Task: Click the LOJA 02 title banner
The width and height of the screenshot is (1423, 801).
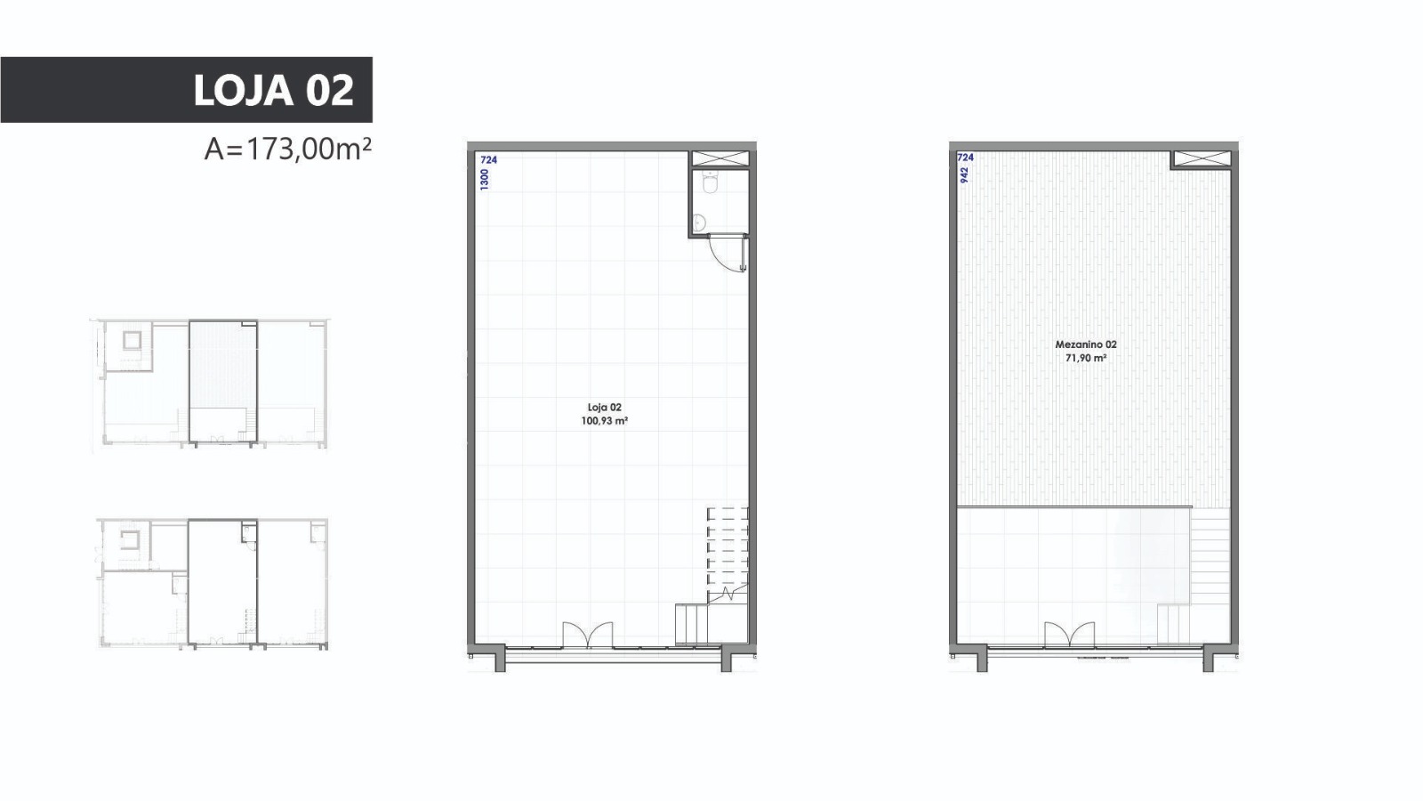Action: (186, 90)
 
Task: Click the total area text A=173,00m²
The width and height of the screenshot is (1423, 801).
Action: (288, 150)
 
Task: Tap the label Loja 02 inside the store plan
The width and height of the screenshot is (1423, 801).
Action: (604, 408)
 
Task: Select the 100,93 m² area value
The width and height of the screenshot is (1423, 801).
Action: (604, 421)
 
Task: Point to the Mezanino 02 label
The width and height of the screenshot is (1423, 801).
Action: (1086, 344)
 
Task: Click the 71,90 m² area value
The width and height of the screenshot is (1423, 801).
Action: (1086, 358)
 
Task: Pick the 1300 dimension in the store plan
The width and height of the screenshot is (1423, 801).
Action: (485, 179)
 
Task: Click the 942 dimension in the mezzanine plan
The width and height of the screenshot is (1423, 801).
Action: (964, 174)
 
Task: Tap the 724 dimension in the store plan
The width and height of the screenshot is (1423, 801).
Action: (488, 159)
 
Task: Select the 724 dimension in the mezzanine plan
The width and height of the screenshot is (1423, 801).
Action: (965, 157)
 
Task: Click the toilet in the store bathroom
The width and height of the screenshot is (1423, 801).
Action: (711, 182)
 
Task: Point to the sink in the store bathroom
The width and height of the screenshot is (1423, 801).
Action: (699, 222)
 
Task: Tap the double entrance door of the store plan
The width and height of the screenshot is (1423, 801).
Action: (588, 635)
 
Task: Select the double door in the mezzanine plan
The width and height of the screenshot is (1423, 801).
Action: (1070, 635)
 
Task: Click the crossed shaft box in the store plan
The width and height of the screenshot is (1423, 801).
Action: (720, 159)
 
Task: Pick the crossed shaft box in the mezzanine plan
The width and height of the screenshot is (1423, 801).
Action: (1202, 159)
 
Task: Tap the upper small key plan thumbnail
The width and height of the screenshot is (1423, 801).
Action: (210, 384)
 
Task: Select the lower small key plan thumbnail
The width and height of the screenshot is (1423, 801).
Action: (213, 584)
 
